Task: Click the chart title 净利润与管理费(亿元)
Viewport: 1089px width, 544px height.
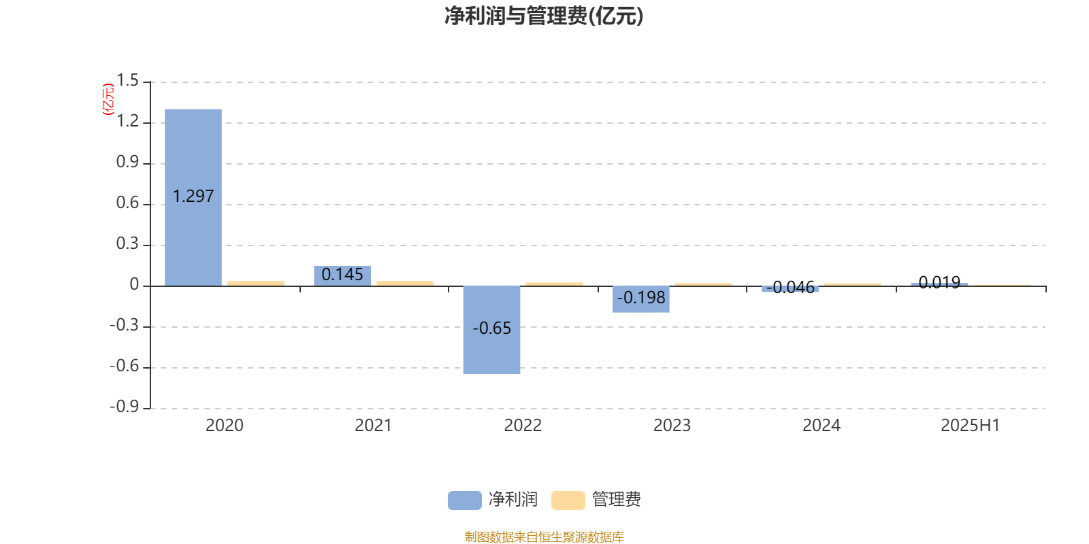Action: click(544, 16)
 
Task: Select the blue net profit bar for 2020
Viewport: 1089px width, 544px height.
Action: click(193, 198)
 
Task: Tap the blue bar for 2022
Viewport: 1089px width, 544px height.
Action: click(491, 330)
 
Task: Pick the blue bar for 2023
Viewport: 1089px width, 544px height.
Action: click(640, 299)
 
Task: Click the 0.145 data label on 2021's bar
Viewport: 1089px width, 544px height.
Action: click(342, 275)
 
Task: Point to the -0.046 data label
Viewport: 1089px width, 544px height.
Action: click(790, 288)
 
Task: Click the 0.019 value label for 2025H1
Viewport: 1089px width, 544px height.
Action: click(939, 282)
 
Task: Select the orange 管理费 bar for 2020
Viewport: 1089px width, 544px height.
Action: click(256, 283)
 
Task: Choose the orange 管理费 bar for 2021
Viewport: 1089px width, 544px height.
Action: click(405, 283)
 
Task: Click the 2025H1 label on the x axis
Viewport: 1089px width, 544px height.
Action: click(971, 426)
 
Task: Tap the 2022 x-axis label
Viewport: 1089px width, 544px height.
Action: click(523, 426)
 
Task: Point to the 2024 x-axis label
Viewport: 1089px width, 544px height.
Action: click(821, 426)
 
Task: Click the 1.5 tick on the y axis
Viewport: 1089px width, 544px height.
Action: click(127, 81)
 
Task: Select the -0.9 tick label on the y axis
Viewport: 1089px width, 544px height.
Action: click(125, 407)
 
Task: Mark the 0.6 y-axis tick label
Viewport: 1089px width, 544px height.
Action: click(127, 203)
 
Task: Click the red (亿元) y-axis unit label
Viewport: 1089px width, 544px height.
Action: click(108, 99)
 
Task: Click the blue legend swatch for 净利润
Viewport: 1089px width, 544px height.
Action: click(465, 500)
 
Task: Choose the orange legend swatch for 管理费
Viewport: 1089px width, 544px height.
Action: click(568, 500)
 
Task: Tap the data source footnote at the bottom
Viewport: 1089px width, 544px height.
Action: click(544, 537)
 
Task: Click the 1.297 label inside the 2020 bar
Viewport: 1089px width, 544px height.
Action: click(193, 197)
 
